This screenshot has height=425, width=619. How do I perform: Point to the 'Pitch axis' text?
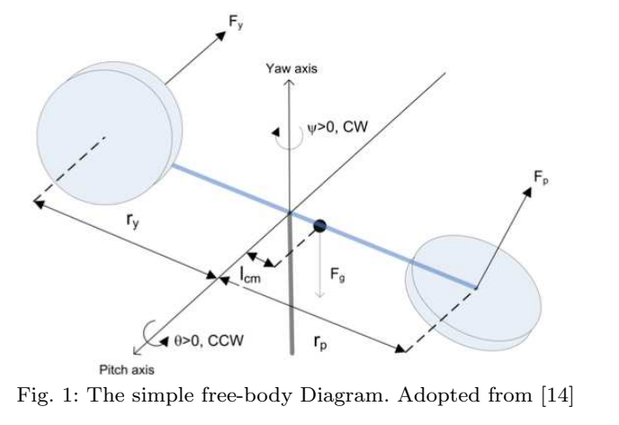[125, 370]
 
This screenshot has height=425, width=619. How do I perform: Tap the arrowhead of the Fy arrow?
[221, 34]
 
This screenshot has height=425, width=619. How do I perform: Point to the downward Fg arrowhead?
[319, 296]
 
